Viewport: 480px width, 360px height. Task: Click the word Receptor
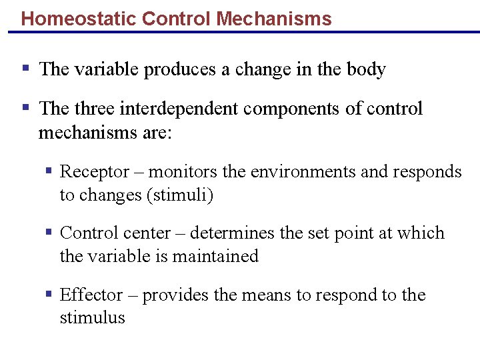coord(95,172)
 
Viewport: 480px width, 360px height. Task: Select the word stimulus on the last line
coord(92,317)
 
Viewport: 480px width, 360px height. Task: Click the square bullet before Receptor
coord(49,171)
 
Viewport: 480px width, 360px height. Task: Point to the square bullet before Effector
coord(49,294)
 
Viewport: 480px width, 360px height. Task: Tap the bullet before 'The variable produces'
coord(25,67)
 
